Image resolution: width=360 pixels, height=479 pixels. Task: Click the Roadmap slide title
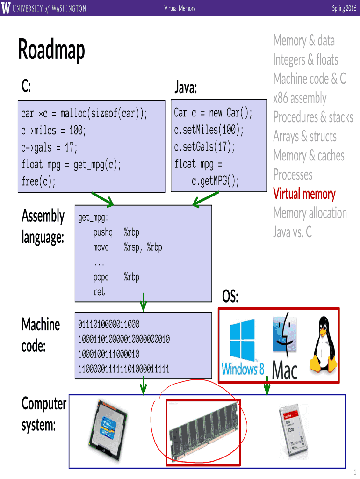coord(51,50)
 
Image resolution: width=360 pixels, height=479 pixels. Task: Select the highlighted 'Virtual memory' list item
coord(304,194)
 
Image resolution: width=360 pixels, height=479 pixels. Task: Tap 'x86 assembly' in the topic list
coord(300,98)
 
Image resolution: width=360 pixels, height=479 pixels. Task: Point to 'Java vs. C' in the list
coord(292,232)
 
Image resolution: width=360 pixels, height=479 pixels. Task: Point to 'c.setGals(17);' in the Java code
coord(205,147)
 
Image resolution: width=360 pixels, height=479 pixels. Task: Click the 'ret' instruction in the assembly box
coord(99,292)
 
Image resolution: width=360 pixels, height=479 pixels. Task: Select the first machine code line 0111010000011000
coord(108,324)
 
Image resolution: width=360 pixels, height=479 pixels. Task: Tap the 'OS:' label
coord(230,297)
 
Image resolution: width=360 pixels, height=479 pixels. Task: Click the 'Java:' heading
coord(186,87)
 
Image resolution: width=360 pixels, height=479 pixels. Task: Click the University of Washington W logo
coord(6,8)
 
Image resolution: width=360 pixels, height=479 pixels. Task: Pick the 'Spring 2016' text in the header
coord(344,8)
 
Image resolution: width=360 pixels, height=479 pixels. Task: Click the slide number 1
coord(355,472)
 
